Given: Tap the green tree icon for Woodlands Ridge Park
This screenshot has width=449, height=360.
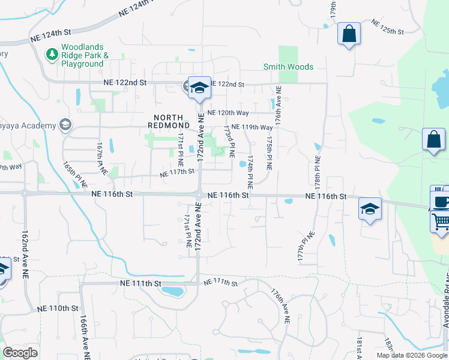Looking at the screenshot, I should point(52,55).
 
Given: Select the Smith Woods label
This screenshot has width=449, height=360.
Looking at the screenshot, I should point(289,67).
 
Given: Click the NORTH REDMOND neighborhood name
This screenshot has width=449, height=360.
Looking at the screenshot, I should point(173,121).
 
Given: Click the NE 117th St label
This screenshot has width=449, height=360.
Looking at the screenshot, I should point(177,173).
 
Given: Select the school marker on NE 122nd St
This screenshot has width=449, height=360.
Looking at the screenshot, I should point(199,88).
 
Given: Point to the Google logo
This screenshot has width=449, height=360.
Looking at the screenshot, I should point(20,353).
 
